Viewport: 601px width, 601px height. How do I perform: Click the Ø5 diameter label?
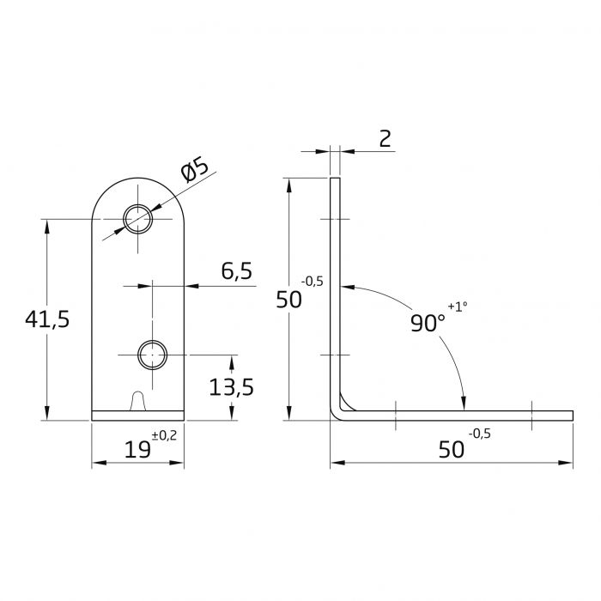pyautogui.click(x=196, y=170)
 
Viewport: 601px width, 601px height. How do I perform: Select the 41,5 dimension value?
pyautogui.click(x=46, y=319)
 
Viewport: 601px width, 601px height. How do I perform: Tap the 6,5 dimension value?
pyautogui.click(x=236, y=272)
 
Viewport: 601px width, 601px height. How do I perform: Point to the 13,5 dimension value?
pyautogui.click(x=231, y=387)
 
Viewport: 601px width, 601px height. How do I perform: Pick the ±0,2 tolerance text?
pyautogui.click(x=164, y=436)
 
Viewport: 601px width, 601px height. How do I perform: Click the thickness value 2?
pyautogui.click(x=384, y=138)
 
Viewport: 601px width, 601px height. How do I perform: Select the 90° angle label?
pyautogui.click(x=427, y=323)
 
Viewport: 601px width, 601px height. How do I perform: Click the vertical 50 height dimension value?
pyautogui.click(x=289, y=300)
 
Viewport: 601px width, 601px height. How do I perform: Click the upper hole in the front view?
pyautogui.click(x=137, y=219)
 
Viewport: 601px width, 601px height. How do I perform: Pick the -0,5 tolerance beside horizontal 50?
pyautogui.click(x=480, y=434)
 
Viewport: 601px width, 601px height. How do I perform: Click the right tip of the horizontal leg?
pyautogui.click(x=570, y=416)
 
